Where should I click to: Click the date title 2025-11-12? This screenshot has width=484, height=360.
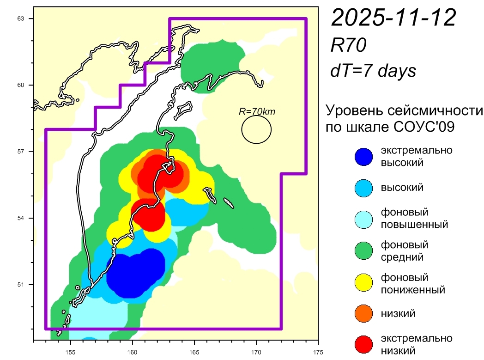[394, 18]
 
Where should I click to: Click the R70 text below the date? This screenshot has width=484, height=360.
[349, 45]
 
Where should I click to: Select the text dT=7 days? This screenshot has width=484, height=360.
[373, 70]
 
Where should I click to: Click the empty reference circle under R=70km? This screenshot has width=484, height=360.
[256, 129]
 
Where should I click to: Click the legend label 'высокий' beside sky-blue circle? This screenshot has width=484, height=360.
[402, 187]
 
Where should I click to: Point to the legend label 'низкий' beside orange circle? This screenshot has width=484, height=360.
[398, 314]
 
